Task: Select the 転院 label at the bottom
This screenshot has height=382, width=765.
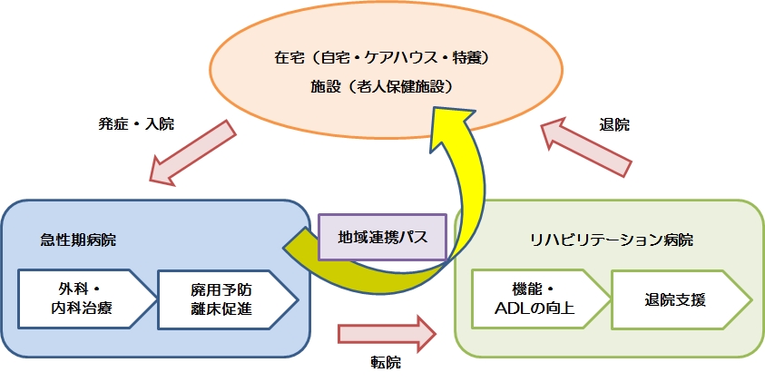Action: coord(385,362)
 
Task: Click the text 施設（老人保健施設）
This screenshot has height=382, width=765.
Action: coord(381,87)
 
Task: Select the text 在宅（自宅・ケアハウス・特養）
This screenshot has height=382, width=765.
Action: coord(381,58)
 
